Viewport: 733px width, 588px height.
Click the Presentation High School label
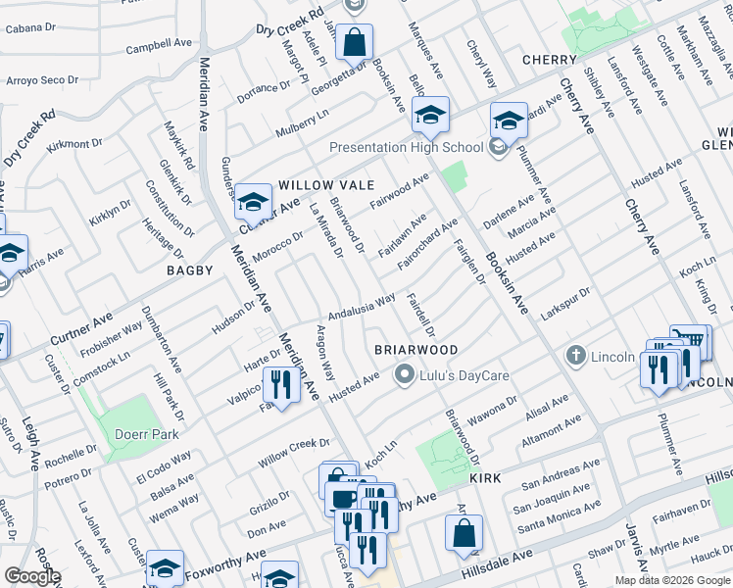(x=407, y=148)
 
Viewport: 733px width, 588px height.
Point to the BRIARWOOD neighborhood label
(x=416, y=350)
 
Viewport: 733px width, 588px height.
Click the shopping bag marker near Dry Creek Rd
(x=354, y=43)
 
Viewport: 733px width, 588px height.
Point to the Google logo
(x=32, y=576)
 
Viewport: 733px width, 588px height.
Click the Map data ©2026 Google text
(x=672, y=580)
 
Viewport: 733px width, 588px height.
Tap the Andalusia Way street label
(x=362, y=307)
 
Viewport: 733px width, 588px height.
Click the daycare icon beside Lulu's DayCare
(x=403, y=374)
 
